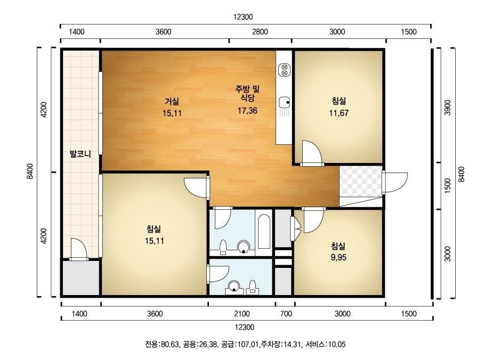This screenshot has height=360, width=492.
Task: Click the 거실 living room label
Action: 172,101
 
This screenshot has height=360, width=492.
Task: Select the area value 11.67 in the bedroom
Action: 339,113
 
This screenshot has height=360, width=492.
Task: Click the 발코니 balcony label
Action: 80,154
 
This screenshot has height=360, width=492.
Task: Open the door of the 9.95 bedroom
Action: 312,218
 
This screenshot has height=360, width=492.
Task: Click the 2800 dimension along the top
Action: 260,32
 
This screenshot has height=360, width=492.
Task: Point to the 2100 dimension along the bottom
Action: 241,314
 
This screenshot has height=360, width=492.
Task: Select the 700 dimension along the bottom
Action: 286,314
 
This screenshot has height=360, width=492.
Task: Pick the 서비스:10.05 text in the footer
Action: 326,344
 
